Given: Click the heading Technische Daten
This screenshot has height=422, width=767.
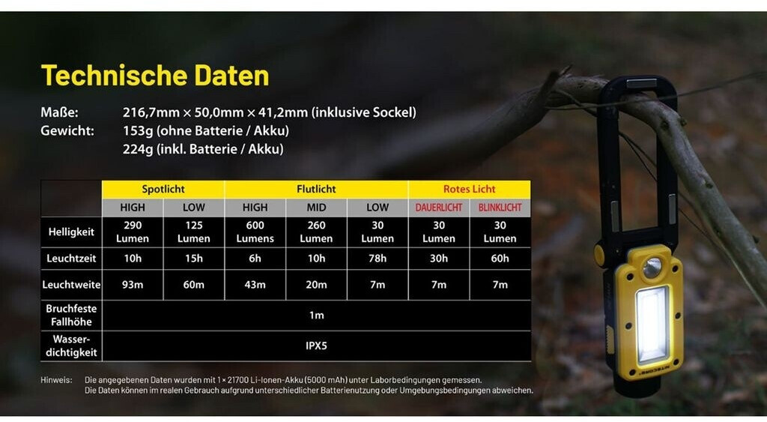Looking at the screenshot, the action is tap(155, 76).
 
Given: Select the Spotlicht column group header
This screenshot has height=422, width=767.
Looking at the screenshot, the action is tap(163, 189).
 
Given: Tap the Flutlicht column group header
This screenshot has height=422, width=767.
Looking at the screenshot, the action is tap(316, 189).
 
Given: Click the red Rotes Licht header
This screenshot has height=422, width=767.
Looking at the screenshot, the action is tap(469, 189).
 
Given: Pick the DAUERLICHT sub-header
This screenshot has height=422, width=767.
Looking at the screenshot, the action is tap(439, 208).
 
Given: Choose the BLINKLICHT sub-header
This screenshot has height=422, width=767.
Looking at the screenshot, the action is tap(500, 208).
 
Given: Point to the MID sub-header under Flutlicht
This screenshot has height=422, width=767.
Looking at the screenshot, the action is tap(316, 208).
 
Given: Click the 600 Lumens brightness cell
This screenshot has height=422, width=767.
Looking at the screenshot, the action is tap(255, 232).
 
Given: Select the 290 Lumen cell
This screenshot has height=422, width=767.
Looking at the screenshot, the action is tap(133, 232).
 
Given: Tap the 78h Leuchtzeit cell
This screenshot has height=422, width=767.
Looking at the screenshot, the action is tap(378, 259).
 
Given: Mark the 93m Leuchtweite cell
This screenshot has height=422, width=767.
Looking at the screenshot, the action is tap(133, 284).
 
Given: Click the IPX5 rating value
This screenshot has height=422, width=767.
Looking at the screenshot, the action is tap(316, 346).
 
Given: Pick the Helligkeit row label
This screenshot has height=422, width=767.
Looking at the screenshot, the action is tap(71, 232).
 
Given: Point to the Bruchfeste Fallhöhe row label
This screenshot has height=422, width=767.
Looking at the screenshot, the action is tap(71, 316).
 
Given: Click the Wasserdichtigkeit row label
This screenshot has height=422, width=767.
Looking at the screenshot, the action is tap(71, 346).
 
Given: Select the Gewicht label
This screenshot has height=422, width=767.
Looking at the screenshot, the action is tap(67, 130).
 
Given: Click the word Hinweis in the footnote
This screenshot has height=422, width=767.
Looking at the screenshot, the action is tap(56, 380).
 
